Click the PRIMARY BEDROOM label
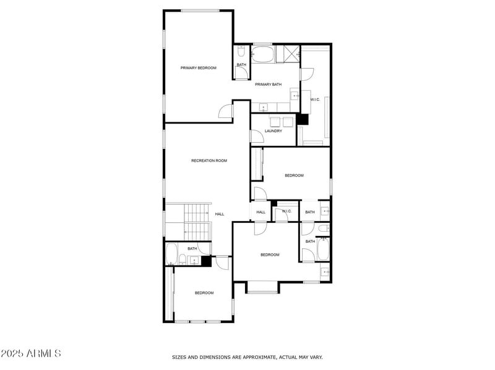pyautogui.click(x=198, y=68)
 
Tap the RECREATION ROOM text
pyautogui.click(x=209, y=161)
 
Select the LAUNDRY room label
pyautogui.click(x=273, y=131)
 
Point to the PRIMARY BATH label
pyautogui.click(x=268, y=85)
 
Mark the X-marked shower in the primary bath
pyautogui.click(x=288, y=54)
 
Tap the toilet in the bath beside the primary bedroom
pyautogui.click(x=241, y=52)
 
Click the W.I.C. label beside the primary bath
pyautogui.click(x=315, y=99)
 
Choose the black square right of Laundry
pyautogui.click(x=303, y=119)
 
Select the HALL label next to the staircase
pyautogui.click(x=220, y=214)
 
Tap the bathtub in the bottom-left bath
pyautogui.click(x=172, y=253)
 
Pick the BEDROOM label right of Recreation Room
pyautogui.click(x=294, y=175)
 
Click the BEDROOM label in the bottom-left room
pyautogui.click(x=204, y=293)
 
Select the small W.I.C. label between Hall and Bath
pyautogui.click(x=286, y=212)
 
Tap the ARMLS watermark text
pyautogui.click(x=31, y=353)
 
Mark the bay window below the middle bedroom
pyautogui.click(x=262, y=288)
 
